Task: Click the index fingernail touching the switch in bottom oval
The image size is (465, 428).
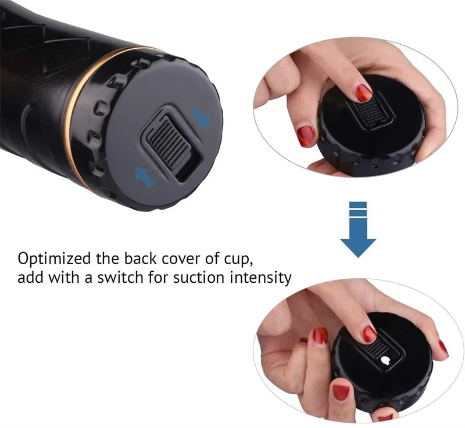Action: pyautogui.click(x=369, y=333)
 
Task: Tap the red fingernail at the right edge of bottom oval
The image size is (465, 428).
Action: pyautogui.click(x=443, y=348)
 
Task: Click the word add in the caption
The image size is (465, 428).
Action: pyautogui.click(x=30, y=278)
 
